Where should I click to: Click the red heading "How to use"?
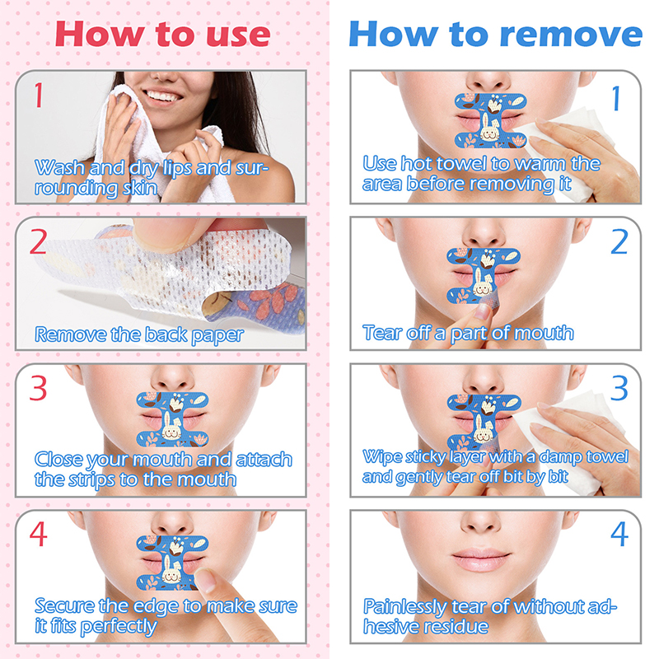[162, 35]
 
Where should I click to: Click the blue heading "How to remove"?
[496, 35]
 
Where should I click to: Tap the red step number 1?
[39, 95]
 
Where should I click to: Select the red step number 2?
[38, 242]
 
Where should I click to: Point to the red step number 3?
[38, 388]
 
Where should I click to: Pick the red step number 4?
[38, 534]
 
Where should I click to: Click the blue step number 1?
[616, 98]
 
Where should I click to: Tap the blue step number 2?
[619, 241]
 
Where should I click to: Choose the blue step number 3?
[619, 388]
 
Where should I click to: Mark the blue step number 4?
[619, 534]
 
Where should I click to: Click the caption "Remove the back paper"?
[139, 335]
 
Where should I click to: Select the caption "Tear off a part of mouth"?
[468, 334]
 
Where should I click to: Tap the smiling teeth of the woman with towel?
[162, 96]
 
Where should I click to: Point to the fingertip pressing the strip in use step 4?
[205, 580]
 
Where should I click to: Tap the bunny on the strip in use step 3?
[171, 428]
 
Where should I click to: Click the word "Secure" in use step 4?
[65, 606]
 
